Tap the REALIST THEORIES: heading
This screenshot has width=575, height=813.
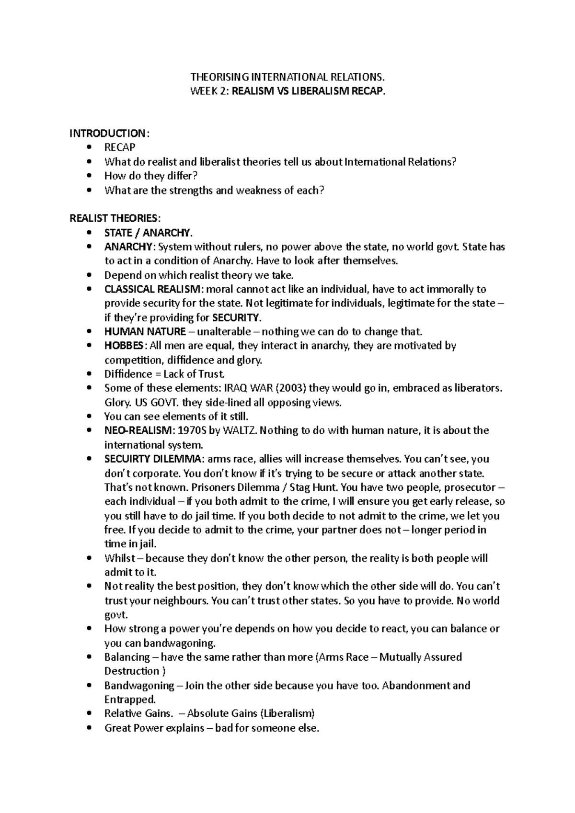click(x=112, y=218)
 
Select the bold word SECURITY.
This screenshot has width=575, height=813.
click(x=237, y=317)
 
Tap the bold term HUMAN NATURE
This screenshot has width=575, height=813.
click(x=145, y=331)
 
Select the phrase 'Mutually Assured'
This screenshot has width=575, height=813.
click(x=420, y=657)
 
